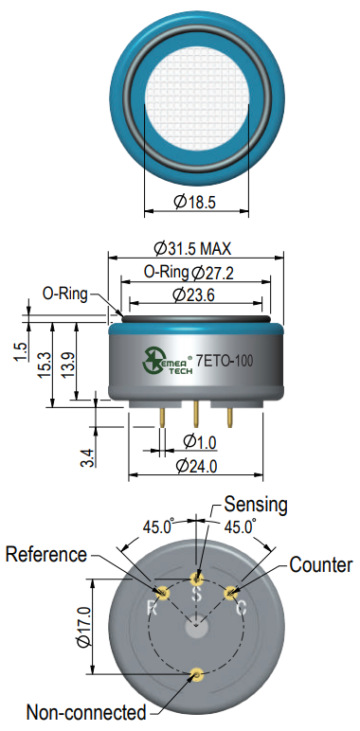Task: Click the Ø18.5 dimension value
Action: pos(196,202)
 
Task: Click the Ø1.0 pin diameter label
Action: pos(199,441)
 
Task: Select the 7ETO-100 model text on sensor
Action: pos(228,361)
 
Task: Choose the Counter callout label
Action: pos(320,565)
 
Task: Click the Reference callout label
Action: pos(46,554)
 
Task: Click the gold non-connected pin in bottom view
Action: pos(197,674)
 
